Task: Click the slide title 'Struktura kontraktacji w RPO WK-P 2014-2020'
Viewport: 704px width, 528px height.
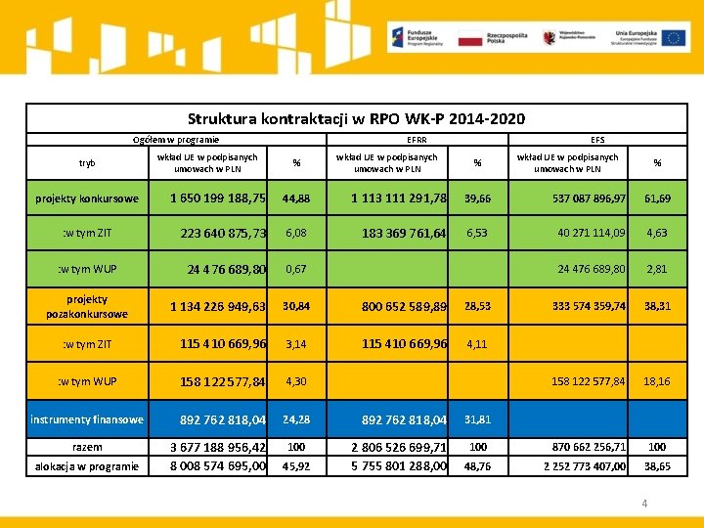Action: [x=356, y=119]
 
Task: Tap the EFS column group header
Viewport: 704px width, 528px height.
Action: [x=597, y=141]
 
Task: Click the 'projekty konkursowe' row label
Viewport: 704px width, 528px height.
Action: [x=87, y=199]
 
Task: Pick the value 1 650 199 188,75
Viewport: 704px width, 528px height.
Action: [x=217, y=198]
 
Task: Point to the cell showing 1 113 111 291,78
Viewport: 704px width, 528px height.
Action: [x=399, y=198]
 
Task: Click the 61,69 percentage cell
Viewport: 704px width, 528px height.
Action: [x=657, y=199]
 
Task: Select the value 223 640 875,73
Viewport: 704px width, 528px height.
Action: [x=223, y=234]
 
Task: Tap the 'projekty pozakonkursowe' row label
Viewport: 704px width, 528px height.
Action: [x=87, y=306]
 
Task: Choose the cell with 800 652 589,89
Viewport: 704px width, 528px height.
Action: [x=404, y=307]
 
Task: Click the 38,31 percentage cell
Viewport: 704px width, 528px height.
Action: [x=657, y=306]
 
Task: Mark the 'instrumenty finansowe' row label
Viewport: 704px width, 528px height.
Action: [x=87, y=420]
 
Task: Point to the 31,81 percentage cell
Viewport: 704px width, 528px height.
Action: [x=477, y=420]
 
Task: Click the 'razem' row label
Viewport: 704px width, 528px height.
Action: [x=87, y=447]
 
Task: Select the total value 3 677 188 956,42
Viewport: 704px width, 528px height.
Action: [x=217, y=448]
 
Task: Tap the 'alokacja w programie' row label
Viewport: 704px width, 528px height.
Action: [x=87, y=466]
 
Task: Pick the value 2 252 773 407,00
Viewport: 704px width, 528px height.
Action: [x=585, y=467]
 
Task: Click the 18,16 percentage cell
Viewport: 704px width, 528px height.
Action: [x=657, y=381]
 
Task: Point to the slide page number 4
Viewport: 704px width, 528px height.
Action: [x=643, y=504]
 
